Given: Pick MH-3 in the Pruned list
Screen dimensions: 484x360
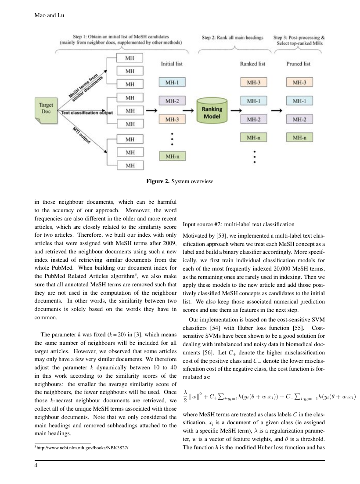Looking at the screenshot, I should click(299, 82).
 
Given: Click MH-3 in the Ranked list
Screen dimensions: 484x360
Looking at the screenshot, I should click(254, 82).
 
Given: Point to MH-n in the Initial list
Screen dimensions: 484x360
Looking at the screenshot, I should click(172, 156).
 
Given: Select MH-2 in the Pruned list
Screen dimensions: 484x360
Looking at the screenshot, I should click(299, 119).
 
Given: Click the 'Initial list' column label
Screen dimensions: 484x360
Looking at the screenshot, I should click(172, 64).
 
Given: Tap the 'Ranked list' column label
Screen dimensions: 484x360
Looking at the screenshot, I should click(252, 64).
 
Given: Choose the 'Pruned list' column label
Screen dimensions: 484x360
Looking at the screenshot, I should click(299, 64).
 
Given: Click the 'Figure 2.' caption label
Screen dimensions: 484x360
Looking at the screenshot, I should click(158, 181).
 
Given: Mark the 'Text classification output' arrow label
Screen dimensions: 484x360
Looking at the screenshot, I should click(87, 113).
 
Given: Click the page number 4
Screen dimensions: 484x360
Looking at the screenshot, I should click(36, 466).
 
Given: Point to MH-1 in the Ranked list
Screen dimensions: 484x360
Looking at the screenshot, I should click(254, 101).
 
